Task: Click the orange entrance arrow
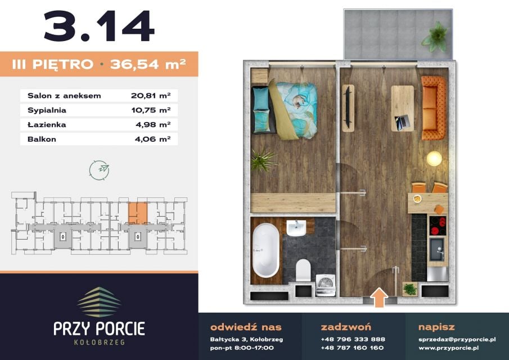[x=379, y=297]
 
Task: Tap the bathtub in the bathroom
[x=265, y=250]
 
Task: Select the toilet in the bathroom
[x=304, y=270]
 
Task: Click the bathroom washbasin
[x=296, y=228]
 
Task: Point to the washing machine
[x=326, y=285]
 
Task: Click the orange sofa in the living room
[x=434, y=108]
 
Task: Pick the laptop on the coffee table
[x=401, y=123]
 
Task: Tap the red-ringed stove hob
[x=438, y=226]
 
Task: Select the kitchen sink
[x=437, y=250]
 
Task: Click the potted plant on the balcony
[x=435, y=37]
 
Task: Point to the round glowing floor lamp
[x=434, y=159]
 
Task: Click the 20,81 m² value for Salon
[x=151, y=96]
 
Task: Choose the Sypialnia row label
[x=47, y=110]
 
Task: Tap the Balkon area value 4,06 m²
[x=153, y=139]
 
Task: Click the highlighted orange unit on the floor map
[x=138, y=213]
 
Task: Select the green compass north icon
[x=100, y=170]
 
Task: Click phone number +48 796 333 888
[x=353, y=339]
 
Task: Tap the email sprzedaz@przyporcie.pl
[x=457, y=340]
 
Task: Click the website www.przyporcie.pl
[x=449, y=348]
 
